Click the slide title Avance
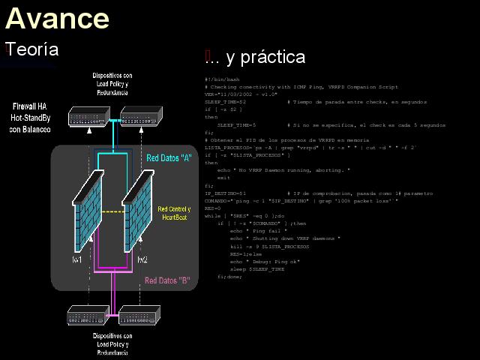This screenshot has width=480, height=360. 57,17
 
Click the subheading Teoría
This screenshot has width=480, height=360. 32,49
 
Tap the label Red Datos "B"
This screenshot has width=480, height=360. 168,281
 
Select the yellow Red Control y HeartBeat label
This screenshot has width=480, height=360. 174,212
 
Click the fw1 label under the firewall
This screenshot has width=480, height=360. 76,259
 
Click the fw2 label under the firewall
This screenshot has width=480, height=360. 141,259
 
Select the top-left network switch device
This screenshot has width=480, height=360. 88,116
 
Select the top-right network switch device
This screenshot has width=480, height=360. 139,116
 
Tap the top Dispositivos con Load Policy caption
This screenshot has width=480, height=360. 112,84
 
